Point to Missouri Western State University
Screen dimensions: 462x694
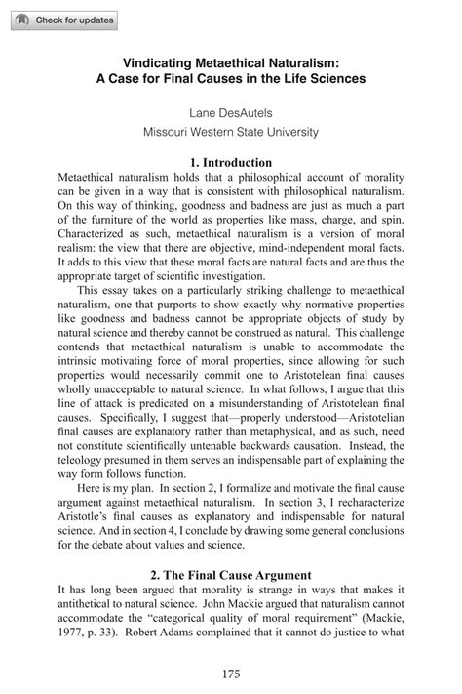(x=231, y=132)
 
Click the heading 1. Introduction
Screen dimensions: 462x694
(x=231, y=161)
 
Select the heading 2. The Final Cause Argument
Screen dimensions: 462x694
(x=231, y=575)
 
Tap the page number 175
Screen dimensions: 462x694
(x=231, y=674)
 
